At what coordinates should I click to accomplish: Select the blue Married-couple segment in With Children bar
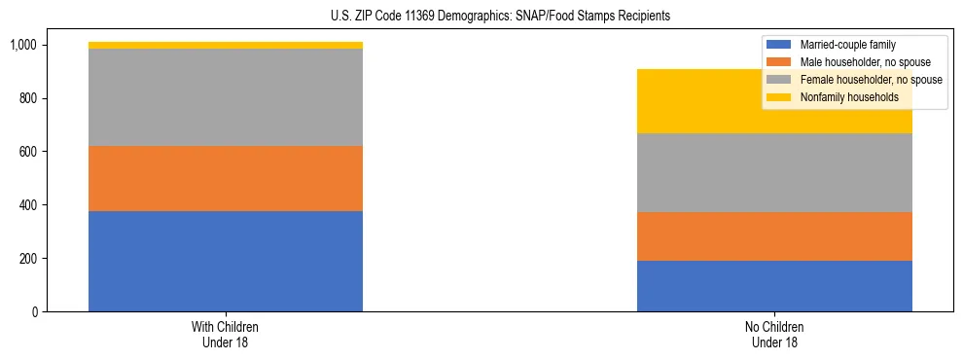tap(226, 261)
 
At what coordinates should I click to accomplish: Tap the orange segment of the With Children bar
tap(226, 178)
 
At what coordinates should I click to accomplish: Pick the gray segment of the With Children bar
tap(226, 97)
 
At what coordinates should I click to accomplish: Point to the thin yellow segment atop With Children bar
tap(226, 45)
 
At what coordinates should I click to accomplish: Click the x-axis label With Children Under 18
tap(226, 334)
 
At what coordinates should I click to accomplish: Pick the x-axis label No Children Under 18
tap(774, 334)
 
